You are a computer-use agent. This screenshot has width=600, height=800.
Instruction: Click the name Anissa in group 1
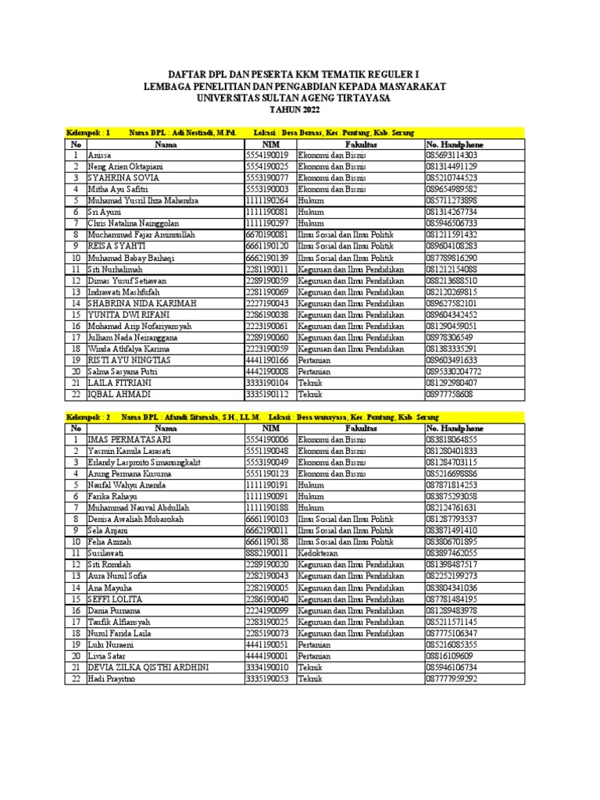click(101, 155)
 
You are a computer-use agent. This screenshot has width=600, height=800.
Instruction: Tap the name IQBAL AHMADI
click(118, 395)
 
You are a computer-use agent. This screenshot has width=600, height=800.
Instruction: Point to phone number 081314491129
click(452, 166)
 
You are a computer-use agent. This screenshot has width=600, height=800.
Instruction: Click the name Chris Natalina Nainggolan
click(133, 223)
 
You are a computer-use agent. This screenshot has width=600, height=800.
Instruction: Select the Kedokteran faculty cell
click(316, 552)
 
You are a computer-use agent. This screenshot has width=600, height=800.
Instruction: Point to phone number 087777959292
click(452, 678)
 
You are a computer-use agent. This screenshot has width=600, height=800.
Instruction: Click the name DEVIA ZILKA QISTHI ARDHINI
click(149, 667)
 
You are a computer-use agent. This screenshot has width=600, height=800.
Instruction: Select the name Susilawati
click(109, 552)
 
